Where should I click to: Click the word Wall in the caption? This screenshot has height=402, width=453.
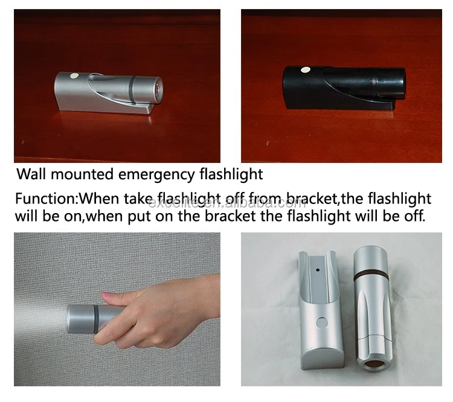[31, 175]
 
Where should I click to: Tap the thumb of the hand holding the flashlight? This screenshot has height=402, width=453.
[114, 298]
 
